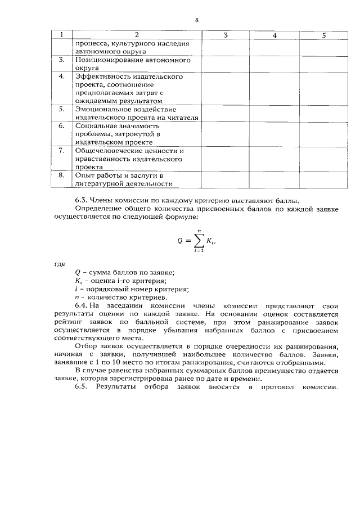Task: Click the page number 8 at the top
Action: click(x=197, y=20)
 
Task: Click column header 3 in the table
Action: click(x=225, y=35)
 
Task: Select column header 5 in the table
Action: click(x=324, y=35)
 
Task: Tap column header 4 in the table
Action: click(x=274, y=35)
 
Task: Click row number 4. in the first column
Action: click(x=62, y=76)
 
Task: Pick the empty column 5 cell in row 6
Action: click(x=324, y=134)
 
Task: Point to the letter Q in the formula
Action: click(x=181, y=240)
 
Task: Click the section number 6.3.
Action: click(x=83, y=200)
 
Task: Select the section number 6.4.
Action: click(x=83, y=305)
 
